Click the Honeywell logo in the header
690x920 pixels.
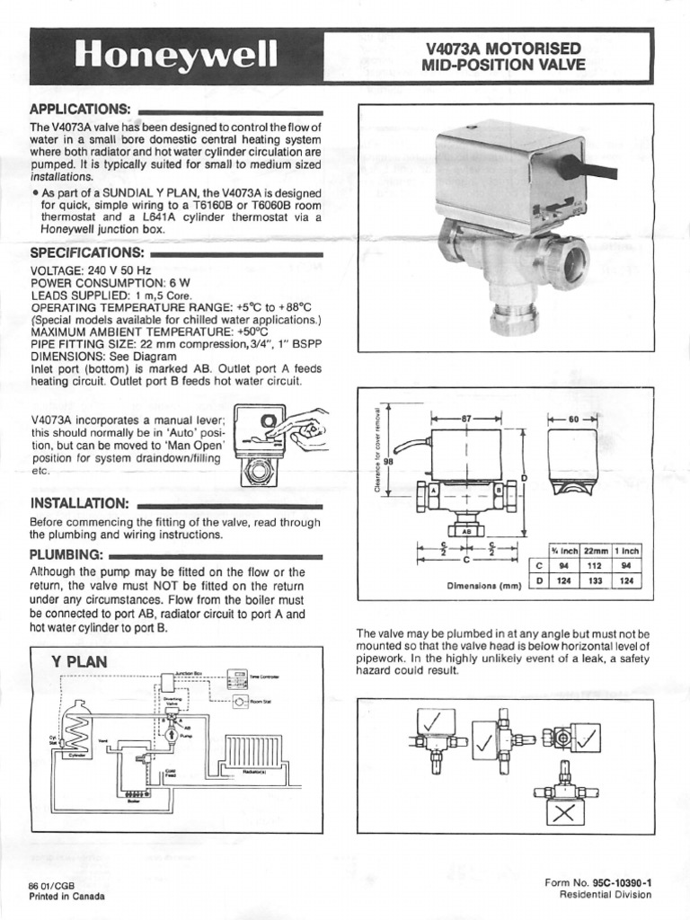coord(176,56)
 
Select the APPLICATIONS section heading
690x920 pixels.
coord(81,109)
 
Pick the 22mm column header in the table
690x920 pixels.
coord(596,550)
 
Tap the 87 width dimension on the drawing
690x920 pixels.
coord(466,419)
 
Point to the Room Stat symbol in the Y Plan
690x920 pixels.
coord(241,702)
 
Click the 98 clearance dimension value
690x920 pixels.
coord(389,462)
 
